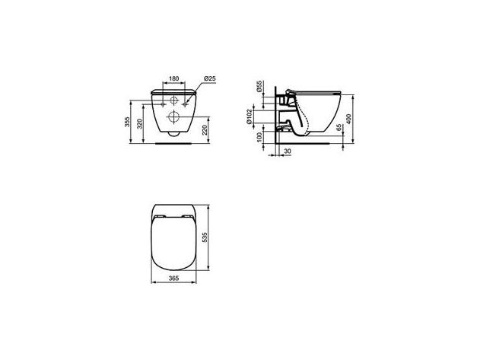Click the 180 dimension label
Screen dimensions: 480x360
click(x=174, y=78)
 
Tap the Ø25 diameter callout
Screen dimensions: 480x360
click(x=210, y=78)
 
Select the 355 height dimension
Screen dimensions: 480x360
click(x=128, y=122)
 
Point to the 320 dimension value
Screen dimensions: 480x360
click(x=140, y=124)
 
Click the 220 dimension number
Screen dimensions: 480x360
click(x=205, y=130)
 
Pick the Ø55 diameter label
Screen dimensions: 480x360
click(x=259, y=87)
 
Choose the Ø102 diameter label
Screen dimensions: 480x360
click(x=250, y=116)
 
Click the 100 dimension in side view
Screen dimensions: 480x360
click(x=259, y=137)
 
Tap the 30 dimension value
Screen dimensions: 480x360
click(x=288, y=151)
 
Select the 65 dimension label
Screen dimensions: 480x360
click(x=339, y=128)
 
